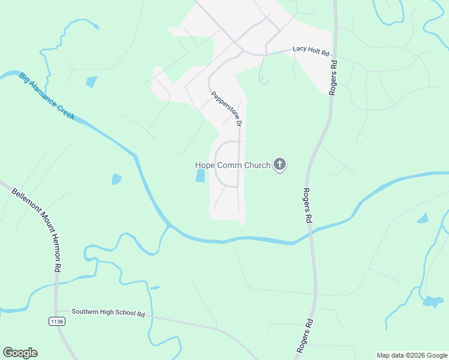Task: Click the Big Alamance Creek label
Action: click(47, 96)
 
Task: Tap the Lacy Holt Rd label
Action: click(311, 52)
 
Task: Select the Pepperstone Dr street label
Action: click(226, 109)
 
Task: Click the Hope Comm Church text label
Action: click(233, 165)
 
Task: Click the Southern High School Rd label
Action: click(109, 313)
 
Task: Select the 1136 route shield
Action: click(56, 322)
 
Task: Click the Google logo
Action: click(20, 353)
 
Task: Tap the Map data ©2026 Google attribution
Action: click(411, 355)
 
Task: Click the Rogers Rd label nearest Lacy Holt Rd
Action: click(334, 76)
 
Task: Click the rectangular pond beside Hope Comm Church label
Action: click(200, 175)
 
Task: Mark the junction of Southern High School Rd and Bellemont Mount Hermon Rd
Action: click(56, 311)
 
